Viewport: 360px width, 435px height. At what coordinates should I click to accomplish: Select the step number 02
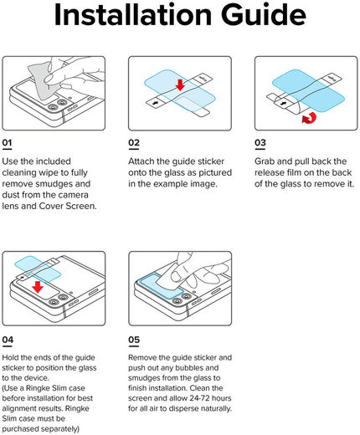click(134, 143)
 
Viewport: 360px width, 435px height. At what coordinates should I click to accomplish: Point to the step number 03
click(260, 143)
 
